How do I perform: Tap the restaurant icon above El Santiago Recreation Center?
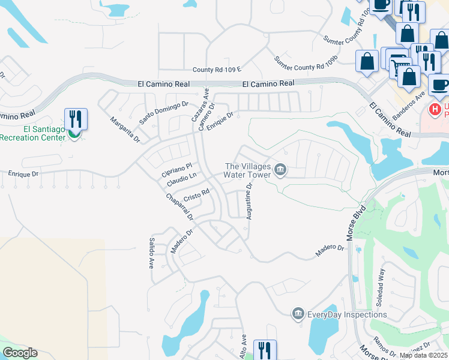(76, 118)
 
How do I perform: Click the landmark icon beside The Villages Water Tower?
(280, 171)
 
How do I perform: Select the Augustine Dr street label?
(248, 201)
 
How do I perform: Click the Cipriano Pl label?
(176, 169)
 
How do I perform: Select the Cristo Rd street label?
(196, 195)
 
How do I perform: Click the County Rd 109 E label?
(217, 70)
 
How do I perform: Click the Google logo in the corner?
(20, 353)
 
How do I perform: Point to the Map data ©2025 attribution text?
(423, 355)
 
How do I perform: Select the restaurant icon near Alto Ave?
(265, 349)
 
